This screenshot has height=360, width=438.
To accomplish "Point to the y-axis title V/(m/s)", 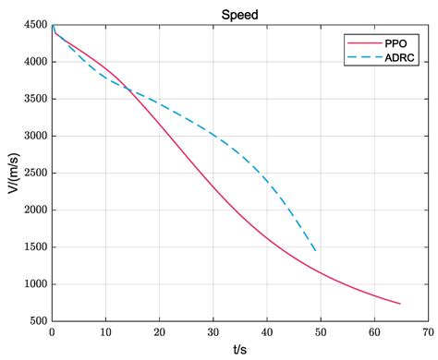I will pyautogui.click(x=13, y=173).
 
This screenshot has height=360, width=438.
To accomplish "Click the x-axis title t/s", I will pyautogui.click(x=239, y=349).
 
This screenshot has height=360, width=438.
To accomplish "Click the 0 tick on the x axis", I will pyautogui.click(x=52, y=331).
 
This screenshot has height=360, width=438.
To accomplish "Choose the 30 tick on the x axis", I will pyautogui.click(x=213, y=331).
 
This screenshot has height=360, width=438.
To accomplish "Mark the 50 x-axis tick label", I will pyautogui.click(x=321, y=331).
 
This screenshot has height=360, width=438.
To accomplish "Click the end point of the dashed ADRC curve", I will pyautogui.click(x=316, y=251).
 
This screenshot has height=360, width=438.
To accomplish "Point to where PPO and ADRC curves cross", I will pyautogui.click(x=127, y=90).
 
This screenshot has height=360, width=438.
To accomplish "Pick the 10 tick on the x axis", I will pyautogui.click(x=105, y=331).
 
